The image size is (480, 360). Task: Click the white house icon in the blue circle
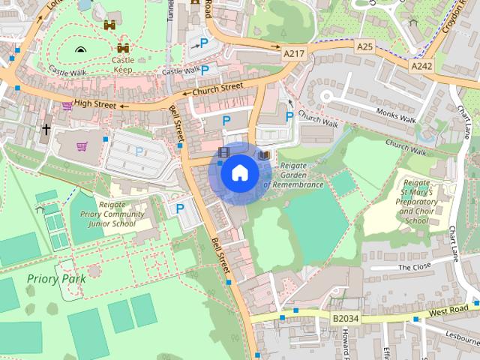pos(239,172)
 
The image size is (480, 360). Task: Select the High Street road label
pos(95,105)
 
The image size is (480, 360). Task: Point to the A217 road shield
pos(294,55)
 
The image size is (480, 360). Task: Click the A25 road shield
pos(364,46)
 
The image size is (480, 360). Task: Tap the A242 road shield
pos(421,66)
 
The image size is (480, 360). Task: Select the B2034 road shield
pos(346,318)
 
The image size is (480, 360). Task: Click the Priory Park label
pos(56,278)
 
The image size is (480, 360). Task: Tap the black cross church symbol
pos(46,130)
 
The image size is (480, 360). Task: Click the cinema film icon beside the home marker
pos(223,152)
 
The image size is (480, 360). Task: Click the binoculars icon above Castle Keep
pos(111,25)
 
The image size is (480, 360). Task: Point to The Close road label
pos(415,267)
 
